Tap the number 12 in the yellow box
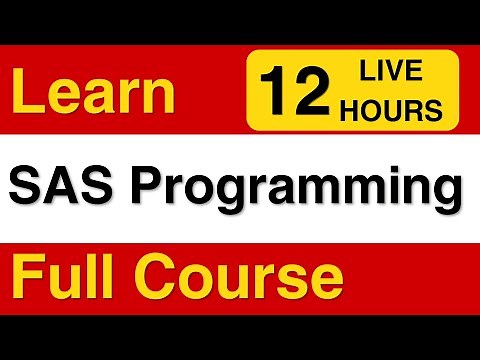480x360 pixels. (295, 93)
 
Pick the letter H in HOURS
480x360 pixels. (351, 111)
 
